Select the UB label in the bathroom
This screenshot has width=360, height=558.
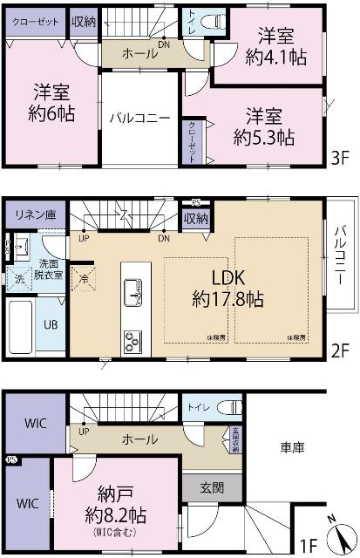pyautogui.click(x=51, y=323)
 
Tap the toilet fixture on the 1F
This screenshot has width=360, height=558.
pyautogui.click(x=229, y=407)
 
